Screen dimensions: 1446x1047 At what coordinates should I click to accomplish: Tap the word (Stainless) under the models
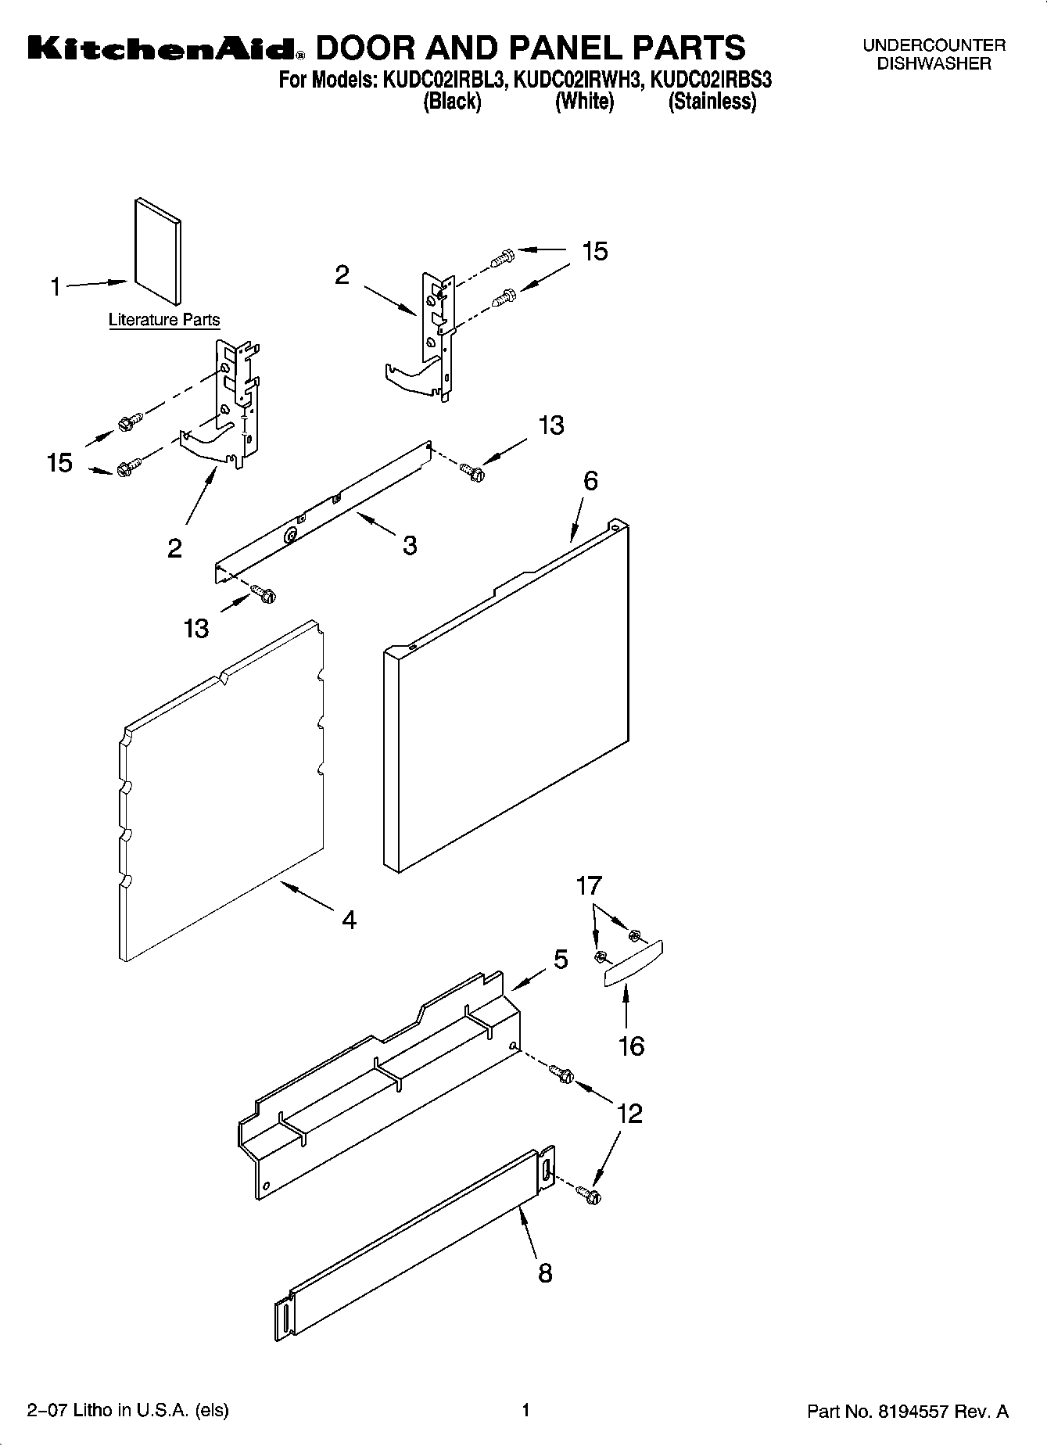tap(712, 102)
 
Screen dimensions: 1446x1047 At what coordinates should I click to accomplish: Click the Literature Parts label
tap(164, 320)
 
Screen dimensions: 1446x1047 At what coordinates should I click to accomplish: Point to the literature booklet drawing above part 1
tap(159, 250)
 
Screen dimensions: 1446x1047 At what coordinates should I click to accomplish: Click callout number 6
tap(590, 480)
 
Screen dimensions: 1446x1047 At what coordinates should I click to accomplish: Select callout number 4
tap(349, 920)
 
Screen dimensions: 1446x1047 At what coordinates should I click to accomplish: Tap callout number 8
tap(545, 1272)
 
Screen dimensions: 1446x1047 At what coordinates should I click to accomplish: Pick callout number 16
tap(631, 1046)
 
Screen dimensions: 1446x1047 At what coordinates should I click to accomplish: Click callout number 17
tap(589, 886)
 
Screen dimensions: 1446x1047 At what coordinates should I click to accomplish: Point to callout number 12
tap(629, 1113)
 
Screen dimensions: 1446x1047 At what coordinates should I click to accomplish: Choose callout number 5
tap(561, 959)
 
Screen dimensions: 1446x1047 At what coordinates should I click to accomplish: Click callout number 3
tap(410, 545)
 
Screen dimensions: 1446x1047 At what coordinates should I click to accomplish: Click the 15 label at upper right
tap(594, 251)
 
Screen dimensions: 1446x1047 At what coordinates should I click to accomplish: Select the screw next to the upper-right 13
tap(472, 471)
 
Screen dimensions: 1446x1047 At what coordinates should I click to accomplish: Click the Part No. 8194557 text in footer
tap(907, 1412)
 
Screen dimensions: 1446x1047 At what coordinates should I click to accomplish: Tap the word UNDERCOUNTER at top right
tap(934, 46)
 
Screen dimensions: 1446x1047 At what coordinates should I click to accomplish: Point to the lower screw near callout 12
tap(587, 1193)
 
